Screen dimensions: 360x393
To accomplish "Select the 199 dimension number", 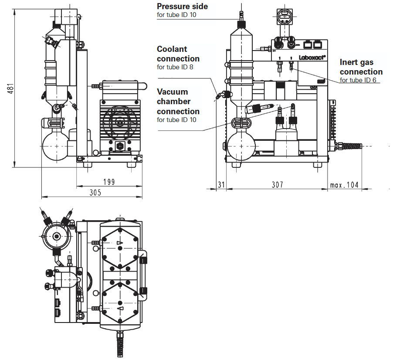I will coord(109,182).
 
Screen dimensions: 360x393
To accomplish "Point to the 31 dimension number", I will coord(221,185).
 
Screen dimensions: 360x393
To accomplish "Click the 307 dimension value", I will coord(278,185).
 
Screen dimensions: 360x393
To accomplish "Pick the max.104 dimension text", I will coord(344,185).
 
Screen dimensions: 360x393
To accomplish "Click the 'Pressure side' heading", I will coord(182,6).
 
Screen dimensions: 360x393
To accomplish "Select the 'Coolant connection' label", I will coord(178,54).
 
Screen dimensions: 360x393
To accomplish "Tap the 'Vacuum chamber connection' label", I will coord(178,102).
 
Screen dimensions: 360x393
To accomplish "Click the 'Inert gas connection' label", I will coord(361,67).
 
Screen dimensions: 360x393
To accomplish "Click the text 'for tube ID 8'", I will coord(175,67).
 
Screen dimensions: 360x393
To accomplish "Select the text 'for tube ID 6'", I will coord(358,80).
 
